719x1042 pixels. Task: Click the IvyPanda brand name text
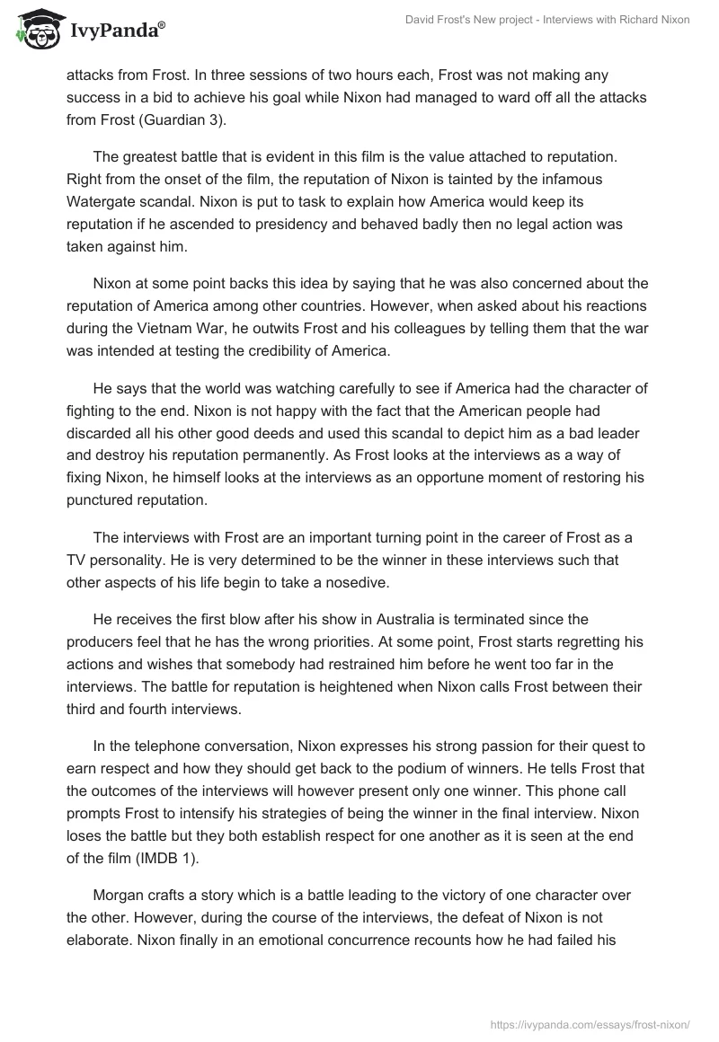coord(115,31)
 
